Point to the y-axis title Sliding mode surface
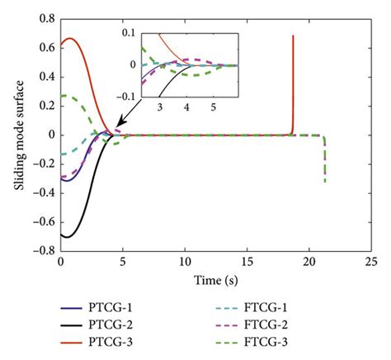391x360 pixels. point(18,135)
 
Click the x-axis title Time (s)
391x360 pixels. point(215,279)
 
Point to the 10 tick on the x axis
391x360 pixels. point(185,263)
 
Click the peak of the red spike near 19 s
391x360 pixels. point(293,36)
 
